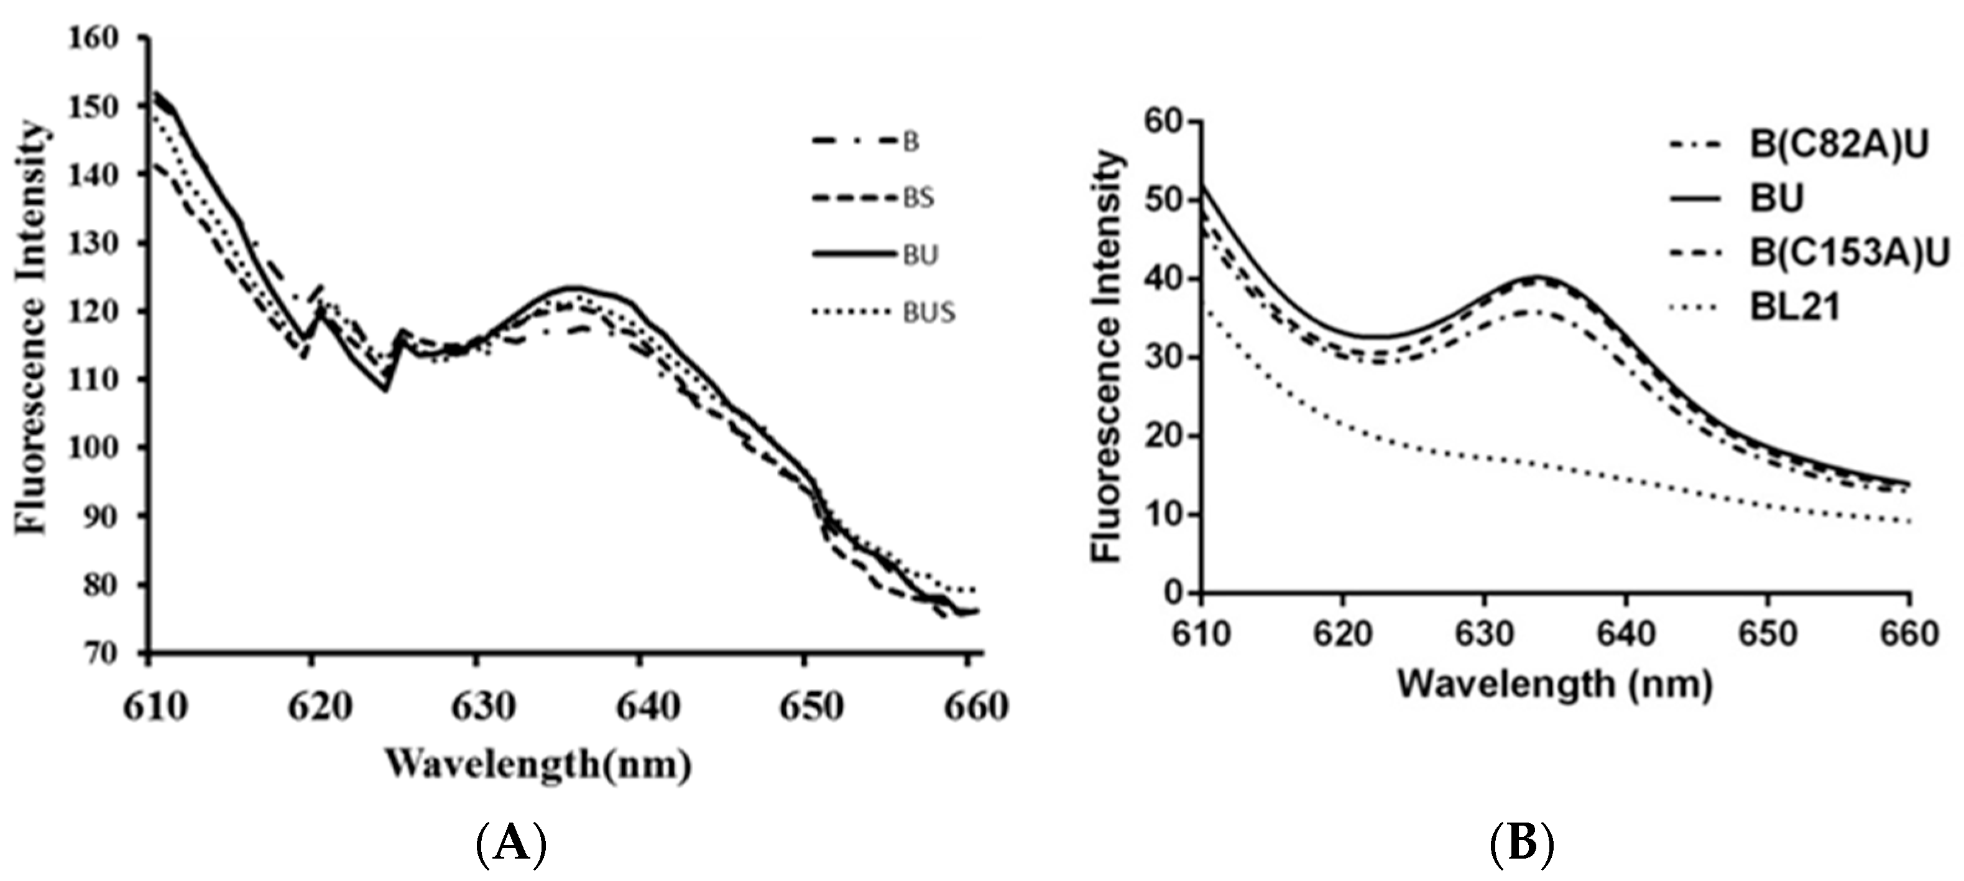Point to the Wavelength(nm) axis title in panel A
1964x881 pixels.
[x=539, y=763]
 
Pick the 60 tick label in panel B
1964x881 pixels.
[x=1163, y=122]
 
